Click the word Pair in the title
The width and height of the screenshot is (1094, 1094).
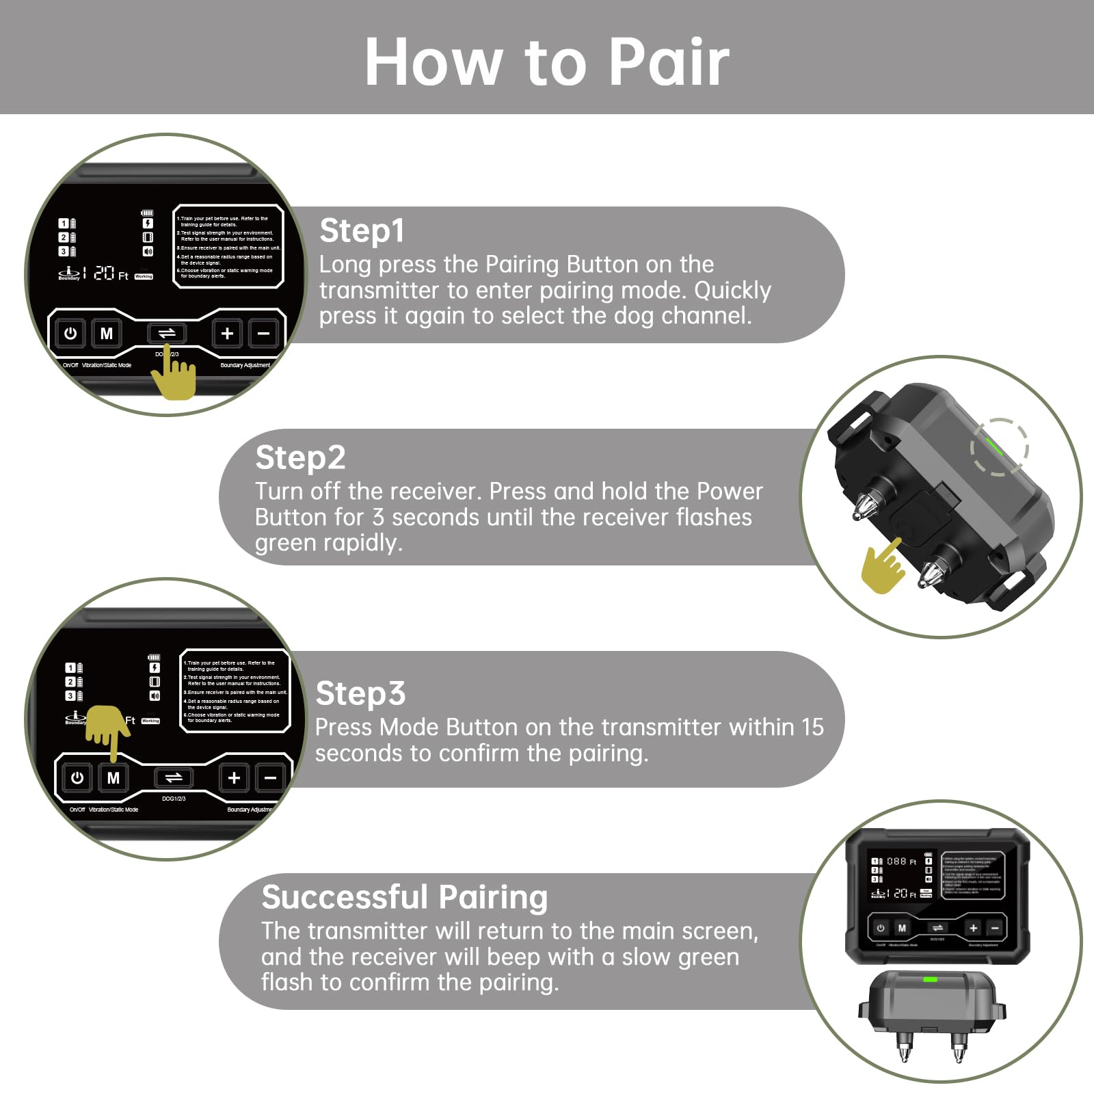(669, 63)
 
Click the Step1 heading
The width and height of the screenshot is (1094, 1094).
(362, 231)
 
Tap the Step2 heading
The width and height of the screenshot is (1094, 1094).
(299, 458)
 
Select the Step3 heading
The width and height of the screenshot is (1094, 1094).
(360, 694)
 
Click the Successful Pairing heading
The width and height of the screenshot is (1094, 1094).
(404, 897)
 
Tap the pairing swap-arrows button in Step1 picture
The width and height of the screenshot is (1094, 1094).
(167, 334)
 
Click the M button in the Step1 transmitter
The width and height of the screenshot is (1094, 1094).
(107, 334)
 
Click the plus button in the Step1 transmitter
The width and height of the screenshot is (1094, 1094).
(227, 334)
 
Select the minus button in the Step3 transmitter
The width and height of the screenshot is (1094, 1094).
(270, 778)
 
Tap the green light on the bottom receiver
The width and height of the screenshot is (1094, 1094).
(930, 980)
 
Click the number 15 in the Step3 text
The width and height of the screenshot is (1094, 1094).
(812, 728)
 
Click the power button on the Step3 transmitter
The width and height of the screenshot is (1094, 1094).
(77, 778)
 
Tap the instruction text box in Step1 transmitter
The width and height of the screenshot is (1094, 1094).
(228, 247)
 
